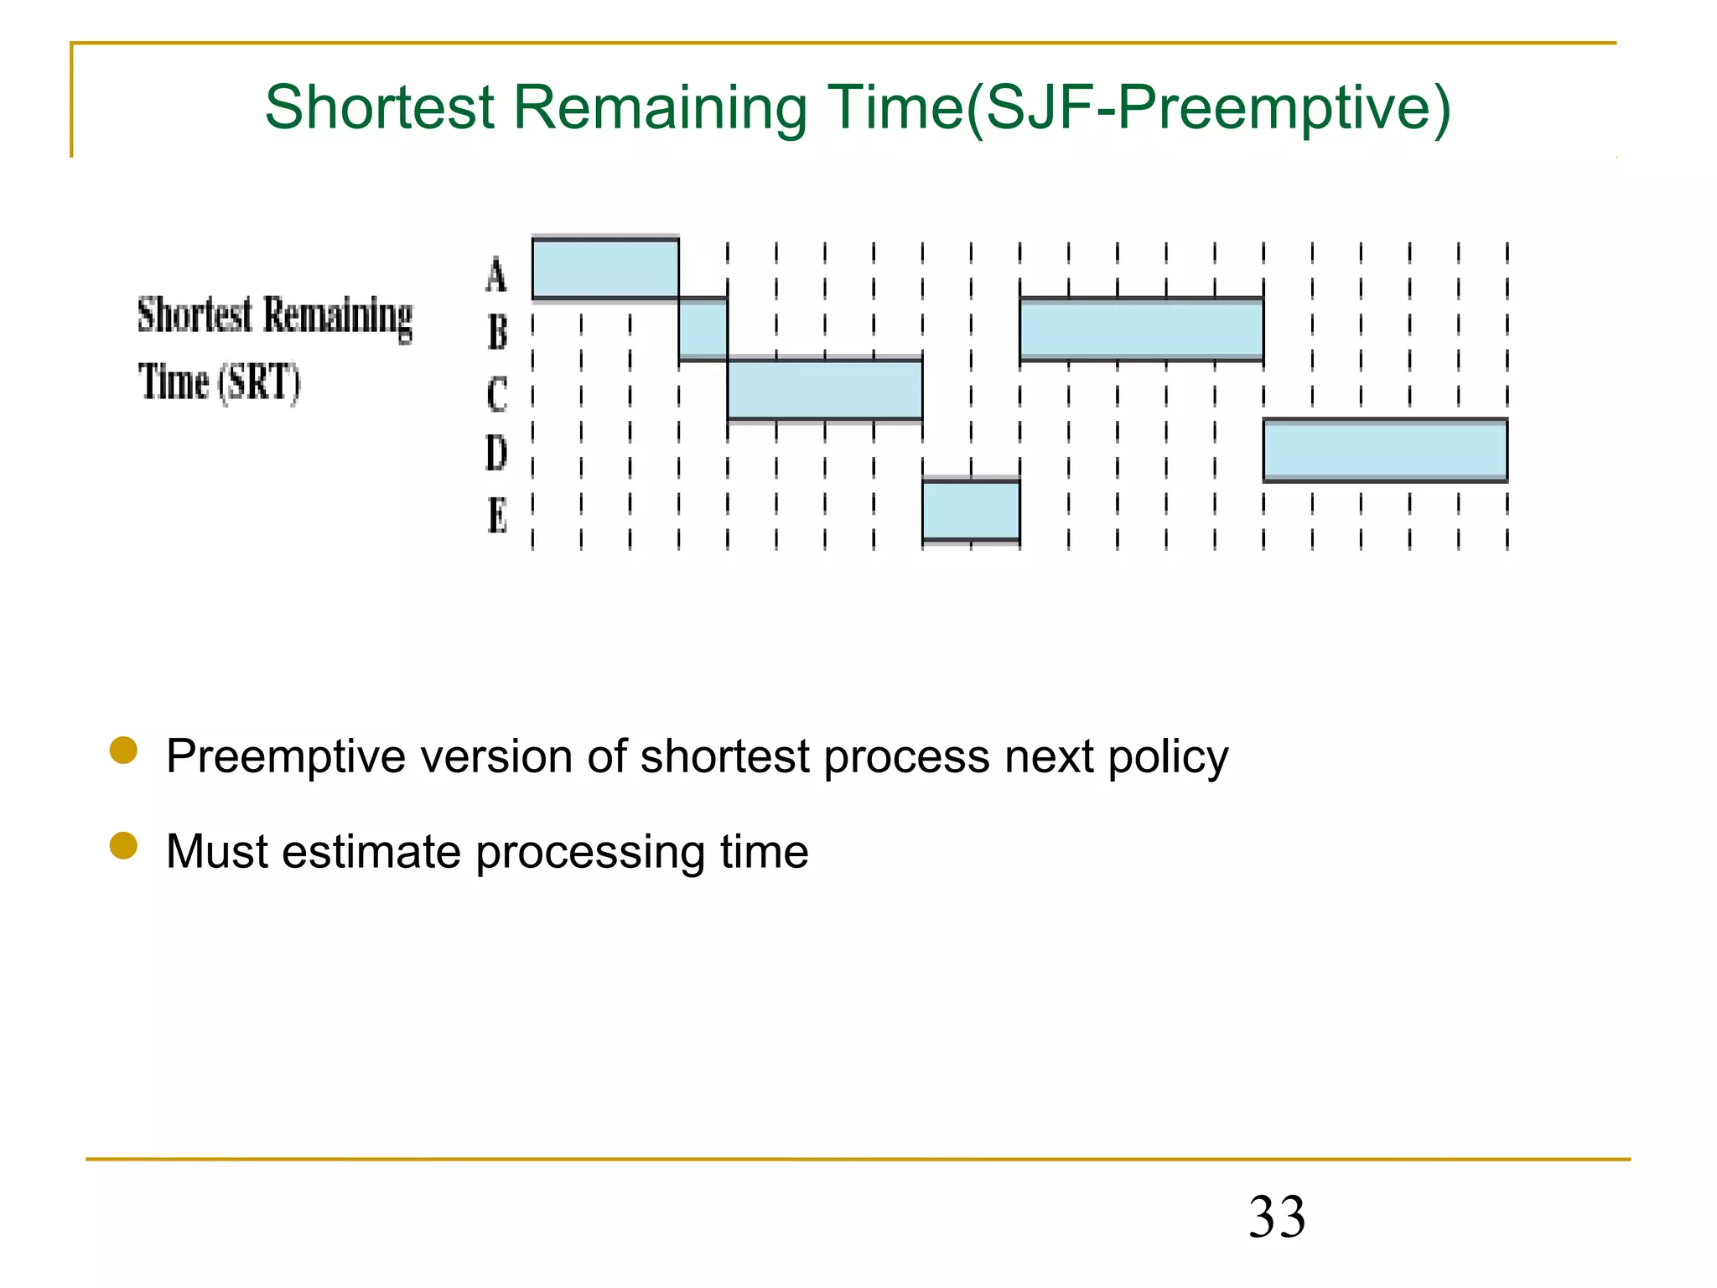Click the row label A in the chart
[496, 275]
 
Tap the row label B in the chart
[497, 332]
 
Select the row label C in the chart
[497, 393]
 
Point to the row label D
[496, 454]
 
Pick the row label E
[497, 515]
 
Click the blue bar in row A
[605, 268]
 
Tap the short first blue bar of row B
[703, 329]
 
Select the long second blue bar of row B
[1141, 329]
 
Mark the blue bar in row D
[1385, 450]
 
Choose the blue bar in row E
[971, 511]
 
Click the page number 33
[1277, 1217]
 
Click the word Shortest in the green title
[380, 107]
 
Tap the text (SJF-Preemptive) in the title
[1208, 109]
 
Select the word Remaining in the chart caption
[338, 317]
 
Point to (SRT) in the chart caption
[259, 383]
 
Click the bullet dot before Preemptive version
[123, 750]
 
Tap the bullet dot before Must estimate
[123, 845]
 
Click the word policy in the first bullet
[1168, 757]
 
